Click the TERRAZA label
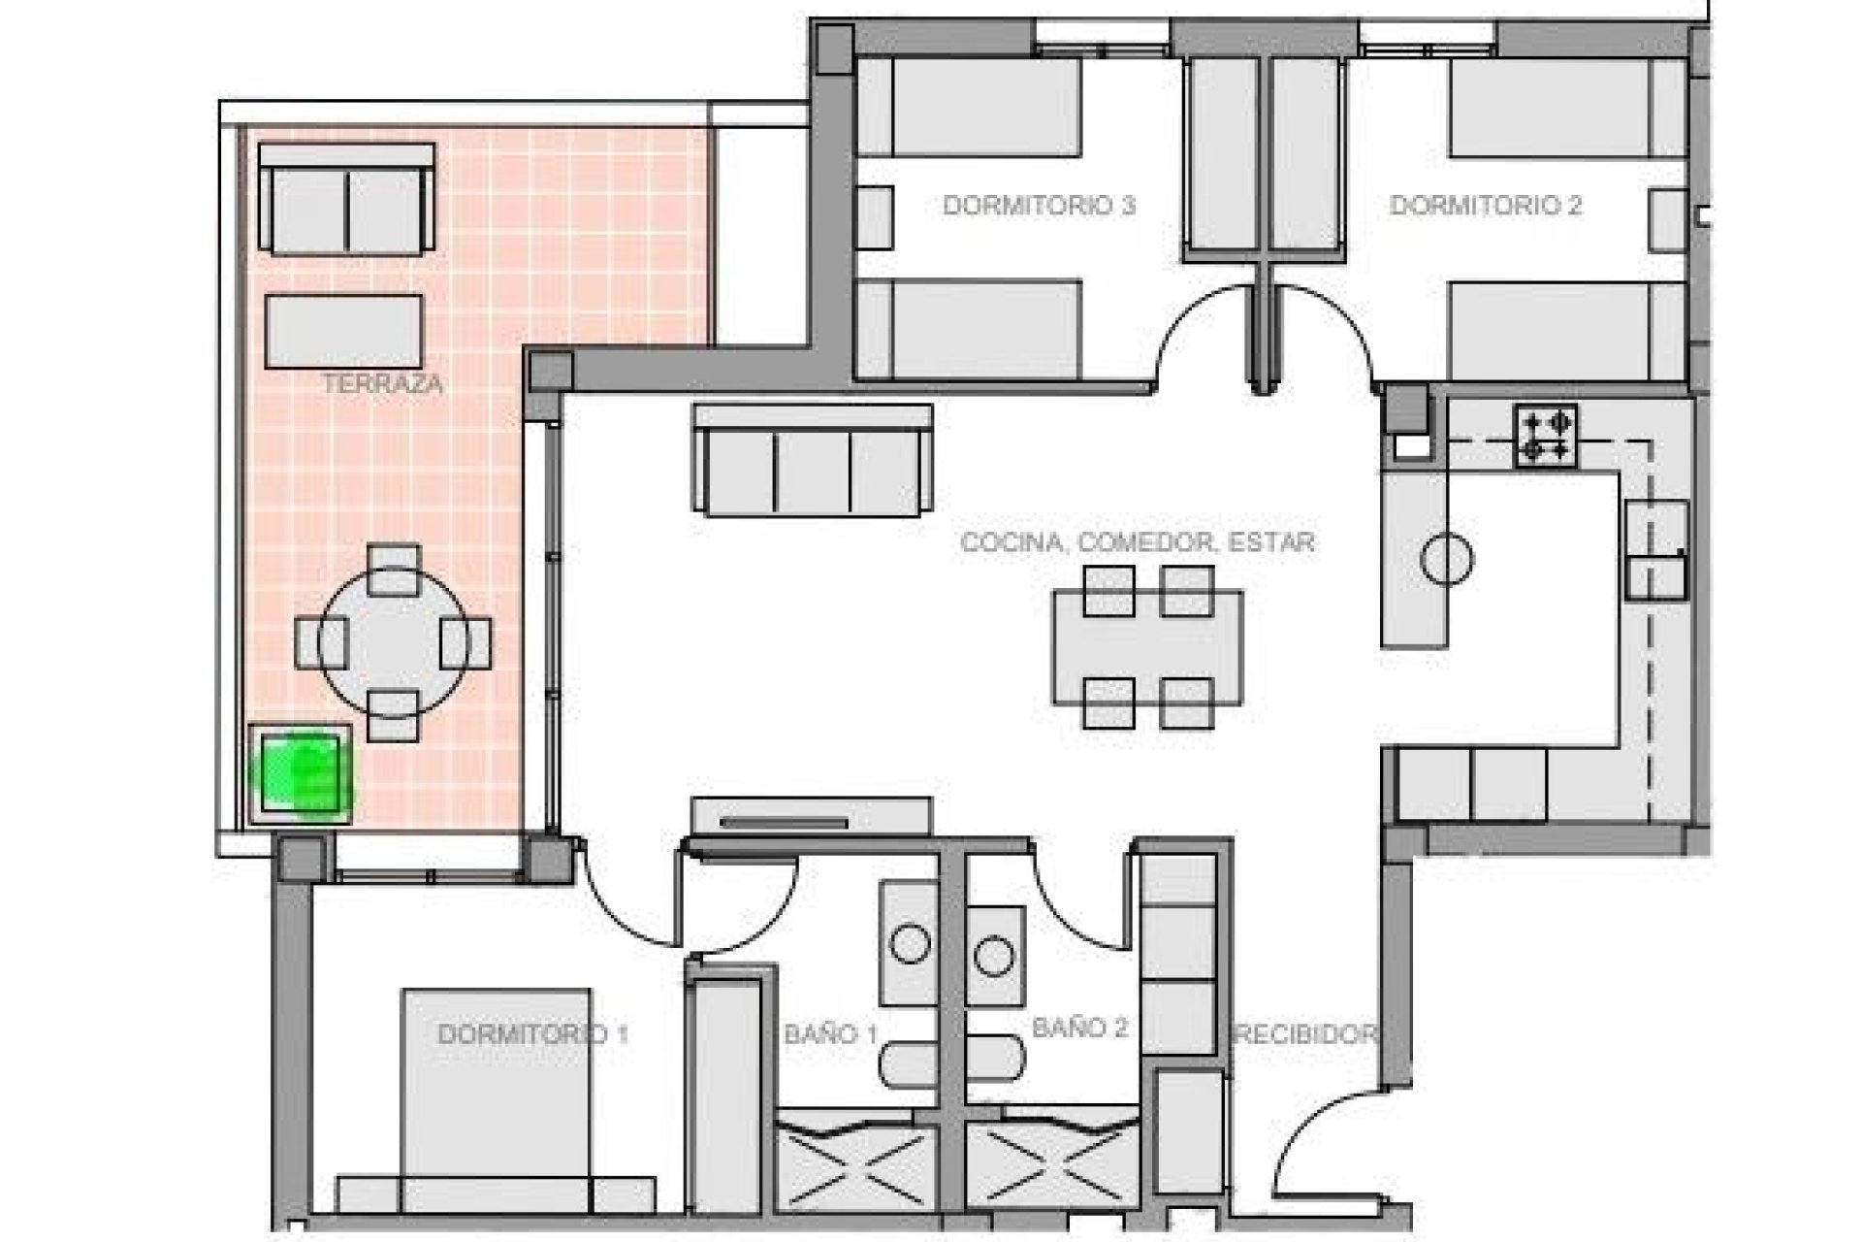[382, 384]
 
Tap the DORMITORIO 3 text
[1039, 206]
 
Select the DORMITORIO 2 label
[1486, 206]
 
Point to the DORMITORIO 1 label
[532, 1034]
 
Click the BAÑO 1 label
[830, 1034]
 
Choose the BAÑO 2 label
[1079, 1029]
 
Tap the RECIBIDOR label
[1305, 1034]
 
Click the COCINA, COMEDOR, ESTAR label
[1137, 542]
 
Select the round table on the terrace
[393, 642]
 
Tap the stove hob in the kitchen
[1546, 436]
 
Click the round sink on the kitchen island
[1446, 559]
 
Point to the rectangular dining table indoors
[1147, 647]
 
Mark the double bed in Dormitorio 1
[496, 1096]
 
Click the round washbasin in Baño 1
[910, 944]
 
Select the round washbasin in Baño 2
[994, 957]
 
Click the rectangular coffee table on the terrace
[344, 332]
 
